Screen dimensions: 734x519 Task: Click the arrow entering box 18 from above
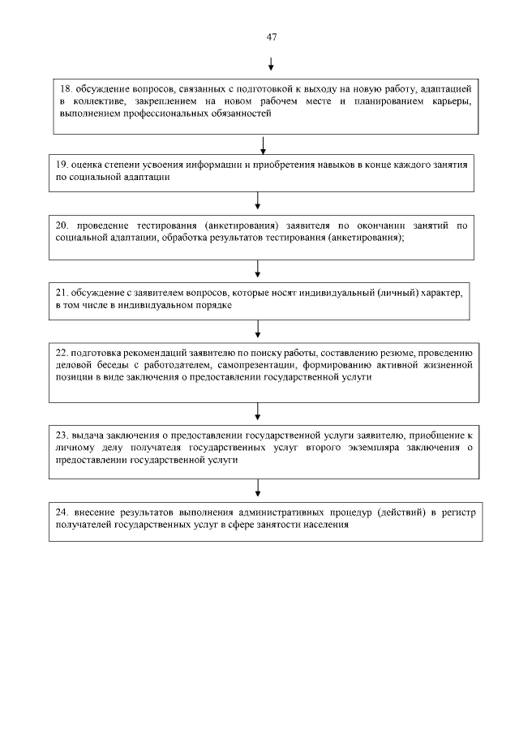[x=271, y=63]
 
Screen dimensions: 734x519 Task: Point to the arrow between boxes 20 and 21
[x=258, y=268]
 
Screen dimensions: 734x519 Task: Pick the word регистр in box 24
[x=460, y=512]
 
